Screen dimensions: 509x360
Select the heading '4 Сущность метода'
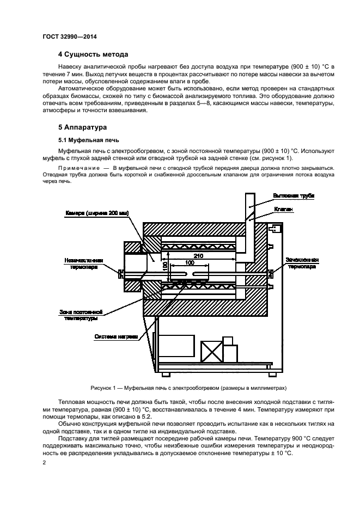coord(93,54)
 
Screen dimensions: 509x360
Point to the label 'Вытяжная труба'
coord(294,195)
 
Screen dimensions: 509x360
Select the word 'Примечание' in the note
coord(77,168)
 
